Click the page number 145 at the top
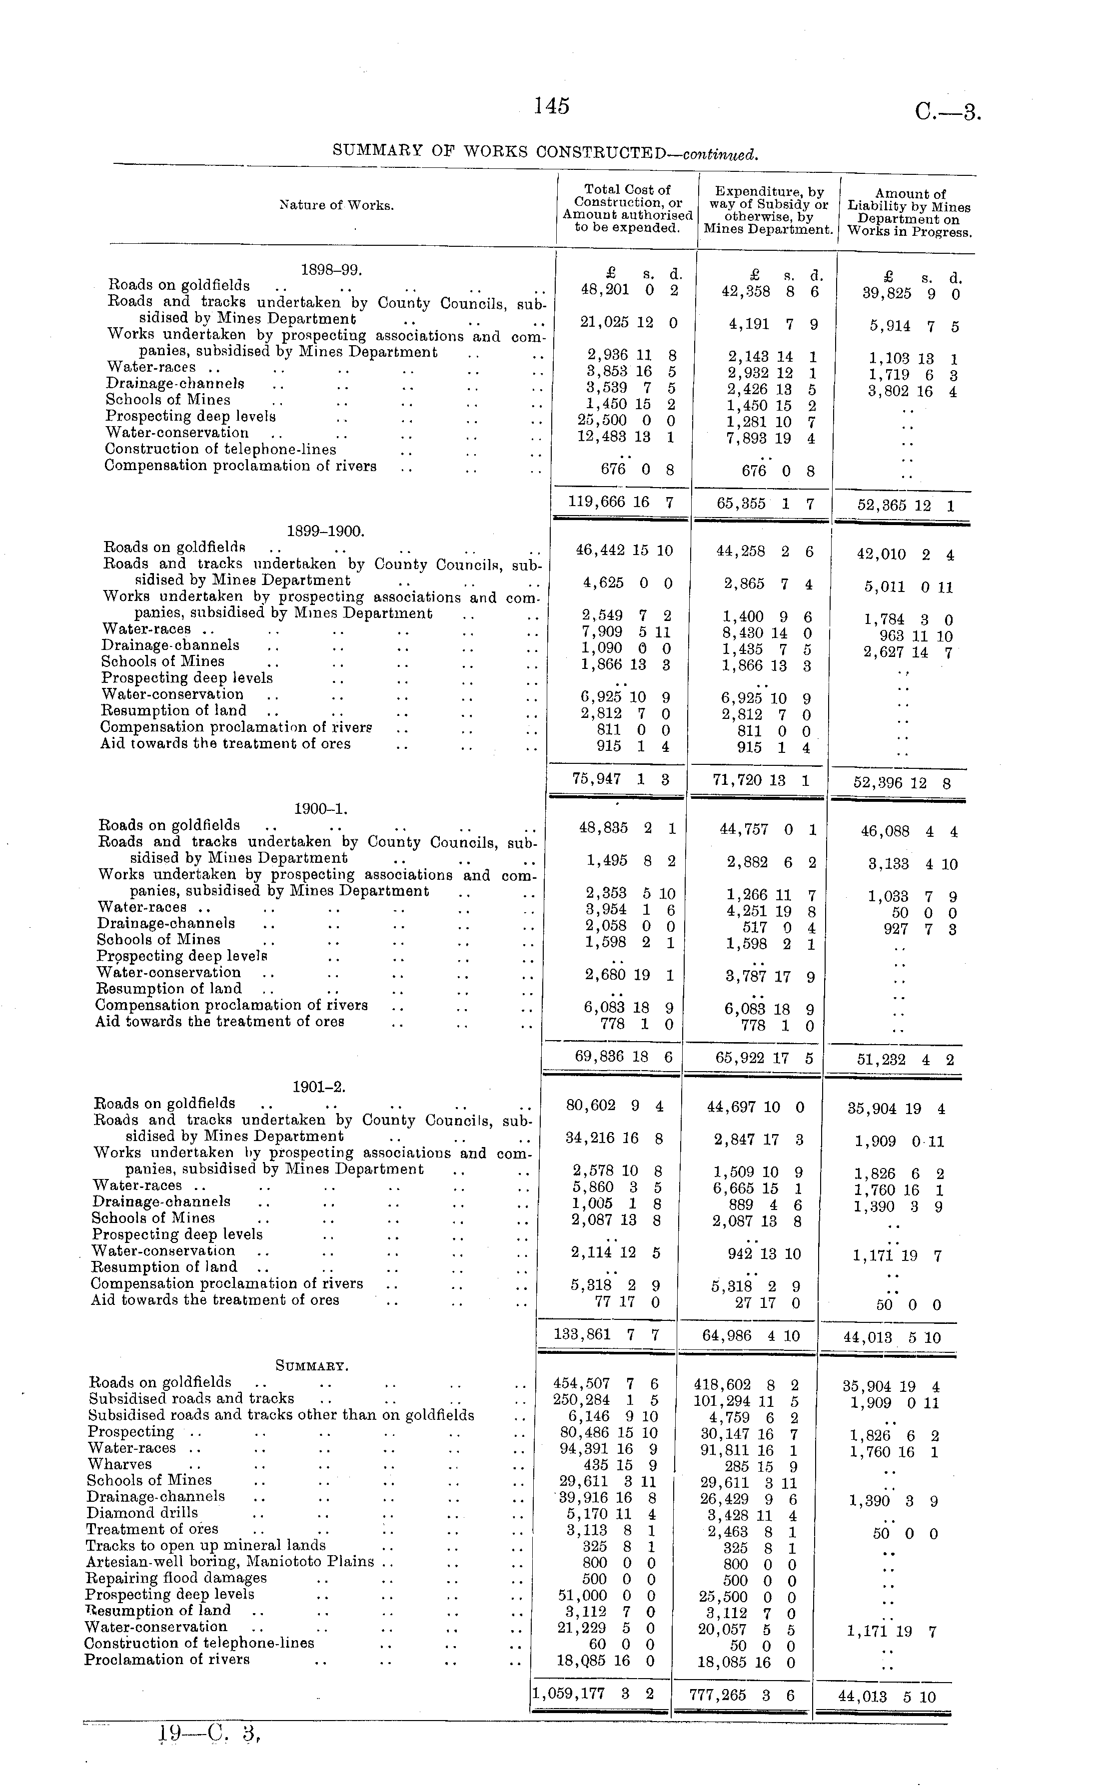coord(551,107)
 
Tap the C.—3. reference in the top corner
coord(948,112)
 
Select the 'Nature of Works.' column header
coord(337,205)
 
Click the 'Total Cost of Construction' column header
coord(627,208)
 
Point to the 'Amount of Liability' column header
coord(909,213)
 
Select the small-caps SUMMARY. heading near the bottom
coord(312,1366)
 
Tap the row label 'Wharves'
coord(120,1464)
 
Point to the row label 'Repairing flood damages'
coord(176,1578)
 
